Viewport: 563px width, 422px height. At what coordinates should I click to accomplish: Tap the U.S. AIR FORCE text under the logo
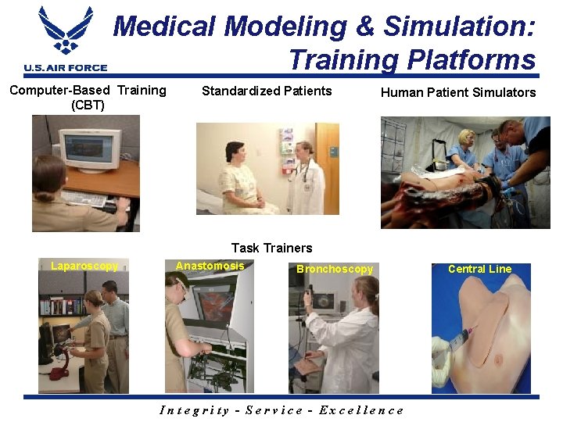tap(65, 68)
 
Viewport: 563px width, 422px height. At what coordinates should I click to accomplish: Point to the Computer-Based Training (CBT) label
tap(88, 97)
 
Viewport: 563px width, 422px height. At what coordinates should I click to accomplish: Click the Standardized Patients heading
tap(267, 91)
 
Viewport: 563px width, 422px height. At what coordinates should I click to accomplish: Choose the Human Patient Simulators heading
tap(457, 92)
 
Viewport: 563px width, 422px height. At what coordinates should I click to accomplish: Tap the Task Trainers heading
tap(271, 248)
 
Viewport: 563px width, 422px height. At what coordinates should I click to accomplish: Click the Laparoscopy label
tap(84, 266)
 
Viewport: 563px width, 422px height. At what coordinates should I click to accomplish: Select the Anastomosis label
tap(210, 266)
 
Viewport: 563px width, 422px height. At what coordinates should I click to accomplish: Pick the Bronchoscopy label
tap(335, 269)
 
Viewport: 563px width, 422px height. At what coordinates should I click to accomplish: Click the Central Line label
tap(479, 269)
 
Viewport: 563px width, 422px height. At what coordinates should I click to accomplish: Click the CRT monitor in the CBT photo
tap(89, 150)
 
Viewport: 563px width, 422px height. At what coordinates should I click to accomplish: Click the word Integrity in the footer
tap(194, 410)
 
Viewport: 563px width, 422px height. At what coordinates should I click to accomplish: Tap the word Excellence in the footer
tap(368, 410)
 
